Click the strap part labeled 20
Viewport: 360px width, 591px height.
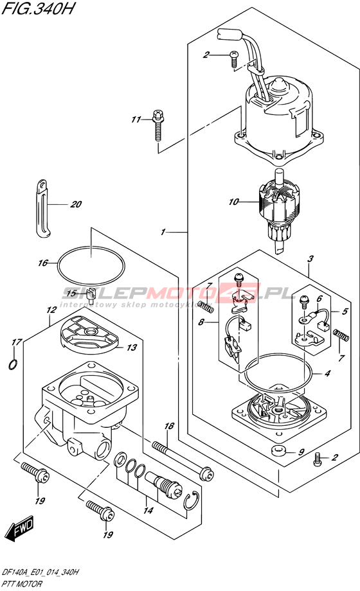coord(43,209)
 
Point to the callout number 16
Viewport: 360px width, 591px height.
coord(42,263)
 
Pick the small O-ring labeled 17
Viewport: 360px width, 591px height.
coord(14,364)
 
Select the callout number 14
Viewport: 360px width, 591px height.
coord(148,511)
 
